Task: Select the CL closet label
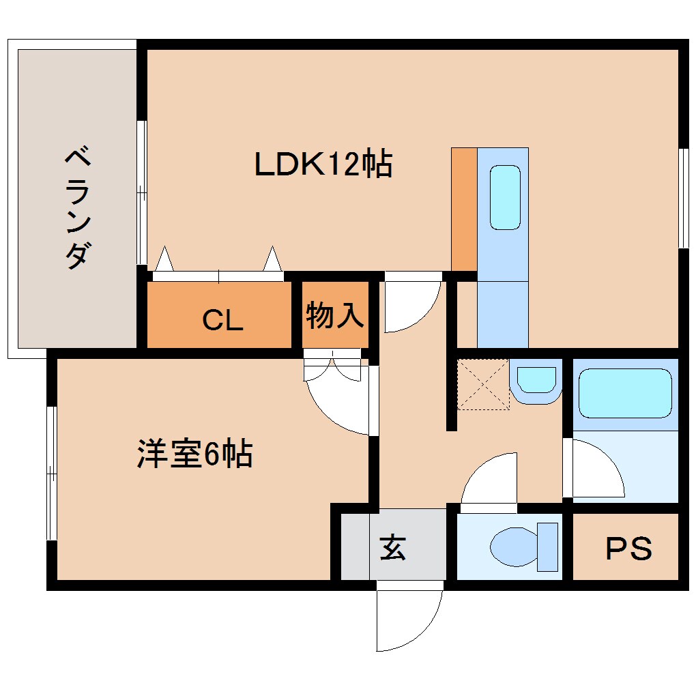(222, 320)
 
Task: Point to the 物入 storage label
(334, 316)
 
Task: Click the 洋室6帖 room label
(195, 454)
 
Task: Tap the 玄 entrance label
(393, 547)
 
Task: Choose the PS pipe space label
(628, 548)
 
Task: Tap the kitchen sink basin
(505, 197)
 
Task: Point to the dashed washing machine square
(483, 384)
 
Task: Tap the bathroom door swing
(596, 471)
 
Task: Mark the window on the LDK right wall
(682, 197)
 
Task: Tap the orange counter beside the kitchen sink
(464, 208)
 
